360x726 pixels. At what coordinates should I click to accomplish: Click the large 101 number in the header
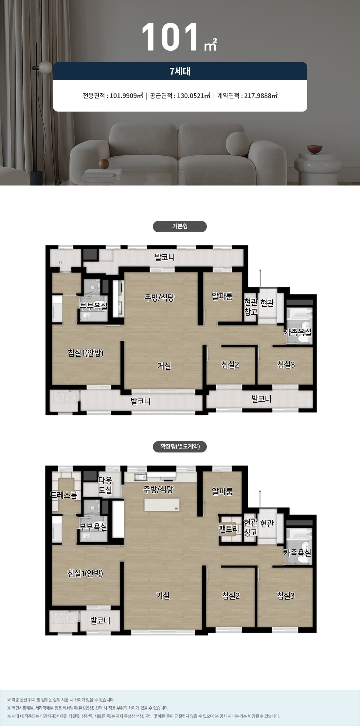pos(171,37)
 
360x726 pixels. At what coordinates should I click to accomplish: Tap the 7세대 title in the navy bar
pos(180,71)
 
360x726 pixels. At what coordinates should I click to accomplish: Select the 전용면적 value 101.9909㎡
pos(126,96)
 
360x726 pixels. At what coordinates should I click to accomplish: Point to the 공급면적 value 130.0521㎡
pos(193,96)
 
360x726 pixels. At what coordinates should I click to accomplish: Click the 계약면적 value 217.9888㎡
pos(261,96)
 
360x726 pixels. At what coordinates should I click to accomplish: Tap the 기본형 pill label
pos(180,226)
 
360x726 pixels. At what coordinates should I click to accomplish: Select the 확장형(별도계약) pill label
pos(180,447)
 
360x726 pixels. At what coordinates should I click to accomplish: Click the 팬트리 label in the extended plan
pos(229,529)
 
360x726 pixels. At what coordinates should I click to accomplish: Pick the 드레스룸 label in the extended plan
pos(63,495)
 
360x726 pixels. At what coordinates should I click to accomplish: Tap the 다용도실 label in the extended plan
pos(105,485)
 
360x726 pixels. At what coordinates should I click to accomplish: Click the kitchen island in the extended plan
pos(162,505)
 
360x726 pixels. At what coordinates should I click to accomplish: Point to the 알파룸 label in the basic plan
pos(222,296)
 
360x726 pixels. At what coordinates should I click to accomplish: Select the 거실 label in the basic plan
pos(164,366)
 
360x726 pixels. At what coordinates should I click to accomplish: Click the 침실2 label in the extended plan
pos(231,596)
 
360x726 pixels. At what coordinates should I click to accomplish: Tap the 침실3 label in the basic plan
pos(286,364)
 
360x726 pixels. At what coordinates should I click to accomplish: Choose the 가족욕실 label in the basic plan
pos(297,332)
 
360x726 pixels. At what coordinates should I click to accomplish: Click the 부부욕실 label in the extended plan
pos(93,526)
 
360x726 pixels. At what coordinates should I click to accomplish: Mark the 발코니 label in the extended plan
pos(100,621)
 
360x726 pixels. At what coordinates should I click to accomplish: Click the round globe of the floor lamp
pos(45,67)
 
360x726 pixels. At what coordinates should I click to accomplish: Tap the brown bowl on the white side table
pos(315,149)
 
